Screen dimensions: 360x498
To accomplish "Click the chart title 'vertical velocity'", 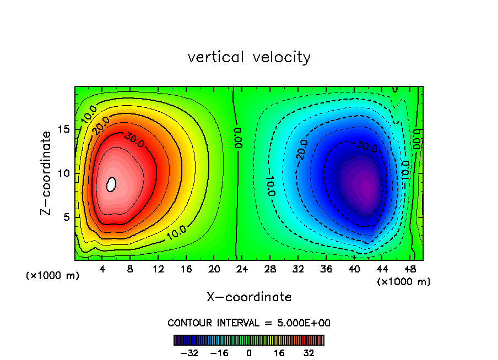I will (249, 57).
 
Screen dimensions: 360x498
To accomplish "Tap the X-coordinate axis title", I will (249, 297).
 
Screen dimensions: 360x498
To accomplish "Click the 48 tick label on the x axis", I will (409, 270).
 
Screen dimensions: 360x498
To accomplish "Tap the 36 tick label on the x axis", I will (326, 270).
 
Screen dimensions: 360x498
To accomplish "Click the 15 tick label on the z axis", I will (64, 129).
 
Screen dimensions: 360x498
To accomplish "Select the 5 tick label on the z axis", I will (67, 217).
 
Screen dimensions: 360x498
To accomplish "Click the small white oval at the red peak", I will (111, 184).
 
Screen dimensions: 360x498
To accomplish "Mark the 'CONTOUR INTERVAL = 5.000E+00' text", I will (249, 323).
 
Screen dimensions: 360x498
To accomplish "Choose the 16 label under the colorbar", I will (279, 352).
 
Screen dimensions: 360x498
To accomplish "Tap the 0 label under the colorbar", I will (249, 352).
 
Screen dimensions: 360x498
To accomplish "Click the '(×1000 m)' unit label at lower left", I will (52, 276).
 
